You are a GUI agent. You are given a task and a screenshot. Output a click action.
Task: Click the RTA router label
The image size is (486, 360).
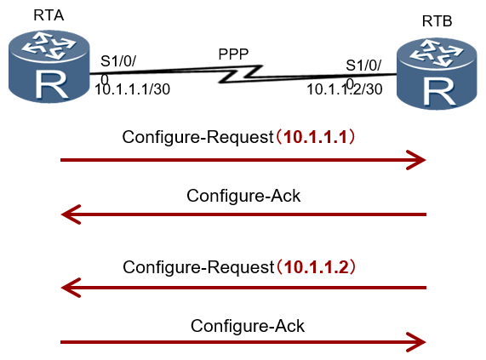[x=49, y=15]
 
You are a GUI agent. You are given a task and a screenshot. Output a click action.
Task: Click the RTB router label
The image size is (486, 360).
[x=437, y=21]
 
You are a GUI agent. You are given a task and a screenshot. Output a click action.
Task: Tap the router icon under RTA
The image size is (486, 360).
[x=49, y=66]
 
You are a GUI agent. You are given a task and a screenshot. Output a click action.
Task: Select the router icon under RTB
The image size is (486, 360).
[x=437, y=74]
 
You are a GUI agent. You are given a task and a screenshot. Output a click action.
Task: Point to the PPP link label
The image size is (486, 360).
[x=233, y=54]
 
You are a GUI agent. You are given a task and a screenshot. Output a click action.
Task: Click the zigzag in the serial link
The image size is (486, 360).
[x=241, y=74]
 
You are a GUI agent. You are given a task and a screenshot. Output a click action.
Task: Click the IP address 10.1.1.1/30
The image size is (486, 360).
[x=132, y=89]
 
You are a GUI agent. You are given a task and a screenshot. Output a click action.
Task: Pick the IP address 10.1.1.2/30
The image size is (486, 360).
[x=345, y=89]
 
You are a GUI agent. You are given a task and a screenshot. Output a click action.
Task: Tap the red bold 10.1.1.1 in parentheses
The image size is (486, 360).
[x=316, y=137]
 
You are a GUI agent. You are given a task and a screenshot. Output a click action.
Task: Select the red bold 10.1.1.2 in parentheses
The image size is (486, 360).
[x=316, y=266]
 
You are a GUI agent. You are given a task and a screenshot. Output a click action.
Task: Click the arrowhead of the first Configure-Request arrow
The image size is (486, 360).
[x=416, y=160]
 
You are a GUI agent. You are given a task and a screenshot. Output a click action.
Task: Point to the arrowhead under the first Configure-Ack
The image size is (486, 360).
[x=71, y=214]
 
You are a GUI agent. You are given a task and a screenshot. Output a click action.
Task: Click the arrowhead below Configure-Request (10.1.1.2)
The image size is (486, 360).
[x=71, y=288]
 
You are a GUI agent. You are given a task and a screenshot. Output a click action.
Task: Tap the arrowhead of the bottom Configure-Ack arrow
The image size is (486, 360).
[x=416, y=342]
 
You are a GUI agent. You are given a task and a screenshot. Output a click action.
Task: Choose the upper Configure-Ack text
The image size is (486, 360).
[x=243, y=196]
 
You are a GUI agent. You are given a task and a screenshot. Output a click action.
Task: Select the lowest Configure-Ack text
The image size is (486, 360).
[x=248, y=326]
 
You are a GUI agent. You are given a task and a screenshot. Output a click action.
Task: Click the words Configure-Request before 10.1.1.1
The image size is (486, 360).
[x=197, y=137]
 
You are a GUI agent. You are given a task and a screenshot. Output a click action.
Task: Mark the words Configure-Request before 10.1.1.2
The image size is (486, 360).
[x=198, y=267]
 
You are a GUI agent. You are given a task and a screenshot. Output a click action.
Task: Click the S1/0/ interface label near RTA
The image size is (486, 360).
[x=118, y=61]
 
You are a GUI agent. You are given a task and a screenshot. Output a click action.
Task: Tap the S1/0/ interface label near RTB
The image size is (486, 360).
[x=363, y=66]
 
